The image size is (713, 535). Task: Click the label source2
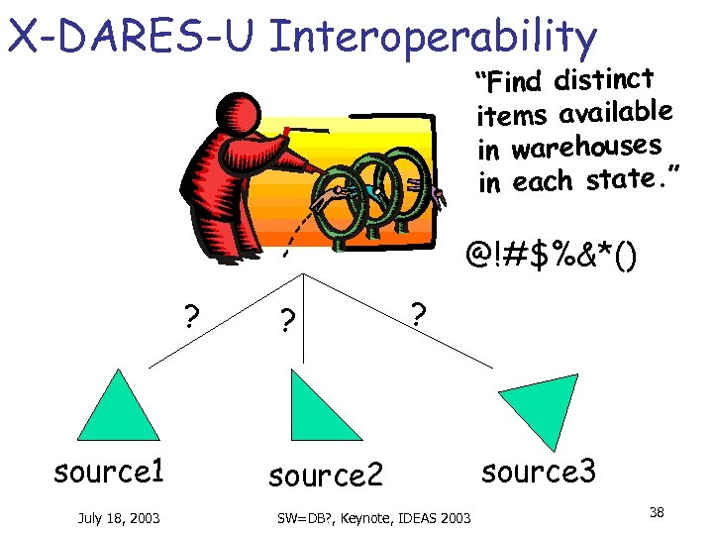326,476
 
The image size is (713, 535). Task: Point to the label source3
539,472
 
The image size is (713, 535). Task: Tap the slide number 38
657,512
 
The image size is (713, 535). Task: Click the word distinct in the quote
604,77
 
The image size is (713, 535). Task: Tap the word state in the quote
622,180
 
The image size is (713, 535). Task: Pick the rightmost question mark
419,315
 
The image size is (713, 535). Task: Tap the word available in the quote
616,112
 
